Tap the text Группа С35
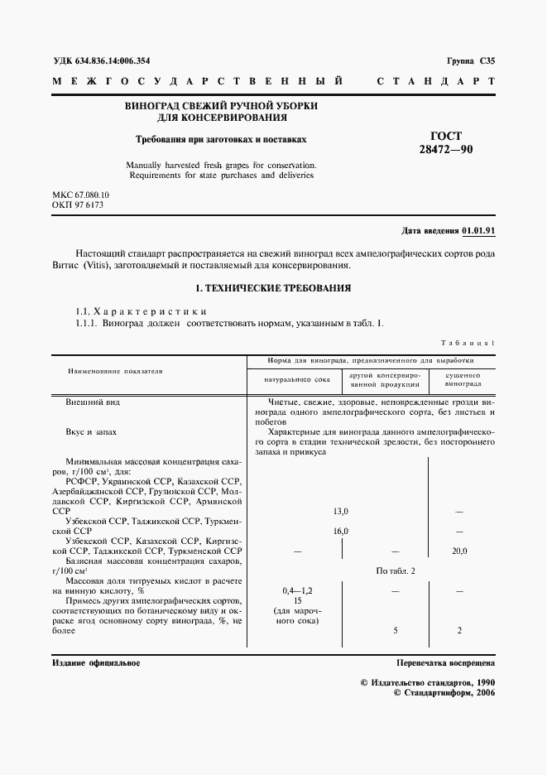(x=470, y=60)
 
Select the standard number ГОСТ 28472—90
(x=446, y=143)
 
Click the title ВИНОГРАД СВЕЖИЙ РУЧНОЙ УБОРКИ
(x=221, y=107)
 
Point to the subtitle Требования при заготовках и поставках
(x=221, y=140)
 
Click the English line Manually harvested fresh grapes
(x=221, y=164)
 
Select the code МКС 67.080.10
(x=80, y=194)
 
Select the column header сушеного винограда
(x=463, y=379)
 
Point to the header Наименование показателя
(x=115, y=371)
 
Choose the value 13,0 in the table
(x=340, y=512)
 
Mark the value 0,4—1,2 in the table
(x=297, y=591)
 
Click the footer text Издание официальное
(x=95, y=663)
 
